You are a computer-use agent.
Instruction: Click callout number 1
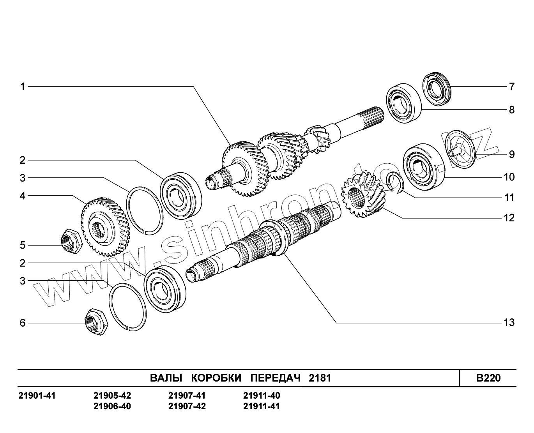23,86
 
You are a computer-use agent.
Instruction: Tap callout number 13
509,323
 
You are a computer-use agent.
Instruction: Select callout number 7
511,87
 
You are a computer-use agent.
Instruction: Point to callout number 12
509,218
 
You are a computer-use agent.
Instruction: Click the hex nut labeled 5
72,242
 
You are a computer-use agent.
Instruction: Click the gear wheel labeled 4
105,226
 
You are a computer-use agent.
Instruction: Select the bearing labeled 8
404,103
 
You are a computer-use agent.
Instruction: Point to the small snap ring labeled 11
394,182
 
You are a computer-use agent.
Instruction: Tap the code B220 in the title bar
488,378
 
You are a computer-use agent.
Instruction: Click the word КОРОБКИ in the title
216,378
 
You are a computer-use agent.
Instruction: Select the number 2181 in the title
320,378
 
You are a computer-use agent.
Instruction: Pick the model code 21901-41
37,396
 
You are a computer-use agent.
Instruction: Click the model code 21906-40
112,406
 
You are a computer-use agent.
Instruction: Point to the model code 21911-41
262,406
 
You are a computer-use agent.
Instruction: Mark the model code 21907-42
187,406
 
